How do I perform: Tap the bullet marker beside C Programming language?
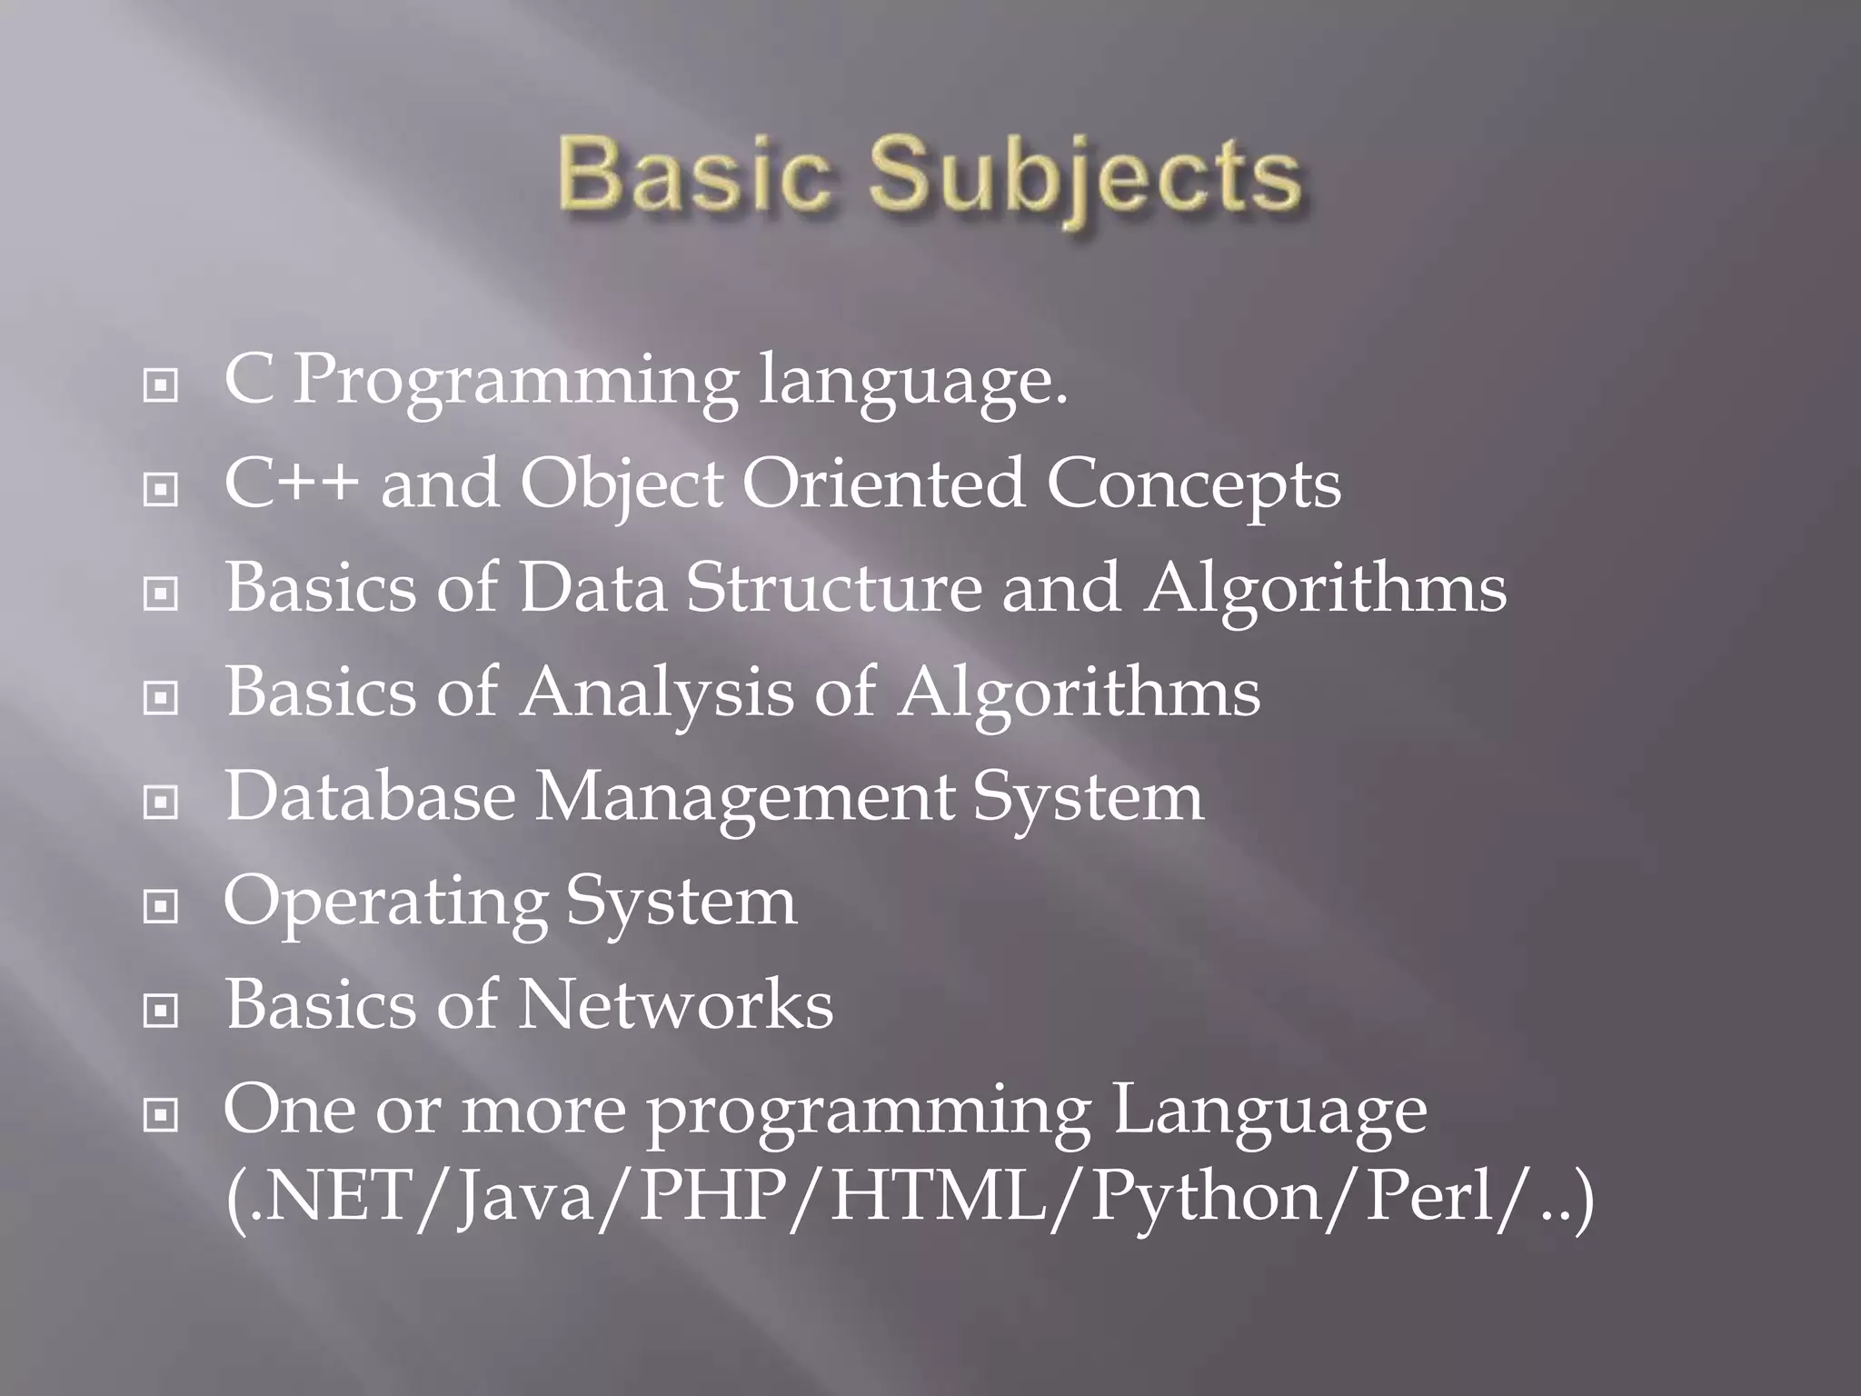pos(161,386)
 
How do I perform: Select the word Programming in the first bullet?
pos(516,382)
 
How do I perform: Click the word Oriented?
pos(884,483)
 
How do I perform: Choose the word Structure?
pos(834,587)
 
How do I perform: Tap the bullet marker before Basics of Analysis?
pos(161,698)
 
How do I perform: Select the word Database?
pos(370,796)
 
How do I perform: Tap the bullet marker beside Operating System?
pos(161,906)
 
